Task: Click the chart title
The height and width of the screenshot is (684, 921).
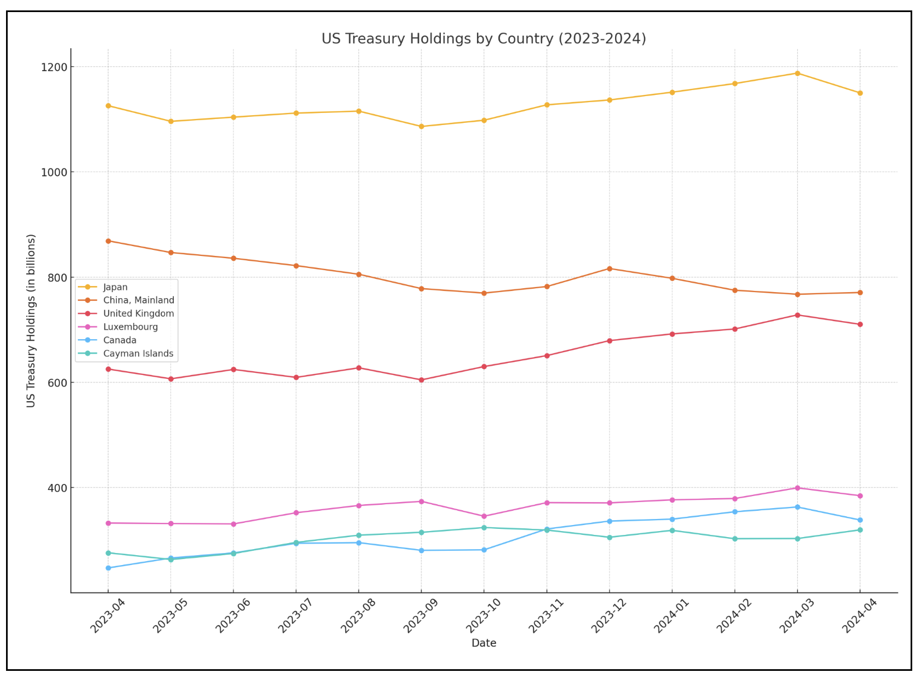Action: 484,39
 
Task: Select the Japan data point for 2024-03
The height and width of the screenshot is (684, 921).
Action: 797,73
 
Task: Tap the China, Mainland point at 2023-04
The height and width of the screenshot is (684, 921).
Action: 108,241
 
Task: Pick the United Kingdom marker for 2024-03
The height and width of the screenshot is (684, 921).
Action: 797,315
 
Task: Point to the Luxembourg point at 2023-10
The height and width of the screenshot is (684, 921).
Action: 484,516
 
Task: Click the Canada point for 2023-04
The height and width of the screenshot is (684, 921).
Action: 108,568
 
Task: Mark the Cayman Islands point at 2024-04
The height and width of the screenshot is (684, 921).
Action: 860,530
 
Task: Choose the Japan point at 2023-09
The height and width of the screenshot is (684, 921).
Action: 422,127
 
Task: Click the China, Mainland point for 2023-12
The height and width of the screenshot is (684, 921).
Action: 609,269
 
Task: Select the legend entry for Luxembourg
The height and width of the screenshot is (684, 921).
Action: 130,327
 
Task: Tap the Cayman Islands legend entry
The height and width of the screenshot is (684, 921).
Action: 138,354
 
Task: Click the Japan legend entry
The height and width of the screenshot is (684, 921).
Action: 115,287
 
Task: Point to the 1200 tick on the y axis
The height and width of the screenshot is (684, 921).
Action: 54,67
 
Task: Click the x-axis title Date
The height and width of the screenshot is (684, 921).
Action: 484,643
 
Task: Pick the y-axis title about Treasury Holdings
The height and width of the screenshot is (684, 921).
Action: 31,321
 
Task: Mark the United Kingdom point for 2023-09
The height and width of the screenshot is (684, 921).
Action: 422,380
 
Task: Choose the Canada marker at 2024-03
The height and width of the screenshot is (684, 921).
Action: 797,507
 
